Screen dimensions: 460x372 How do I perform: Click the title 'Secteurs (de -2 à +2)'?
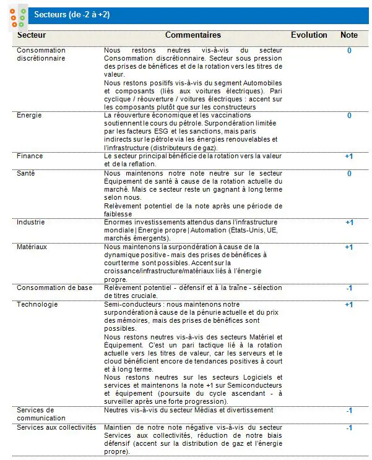(x=72, y=14)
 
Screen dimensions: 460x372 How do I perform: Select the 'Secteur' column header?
(x=31, y=35)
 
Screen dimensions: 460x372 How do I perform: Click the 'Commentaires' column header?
(x=193, y=35)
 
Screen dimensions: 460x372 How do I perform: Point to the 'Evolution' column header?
(x=309, y=35)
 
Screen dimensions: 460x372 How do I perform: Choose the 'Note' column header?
(x=349, y=35)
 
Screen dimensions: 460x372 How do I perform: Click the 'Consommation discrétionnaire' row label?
(x=41, y=54)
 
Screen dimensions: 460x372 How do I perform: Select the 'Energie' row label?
(x=29, y=116)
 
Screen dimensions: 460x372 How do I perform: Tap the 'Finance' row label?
(x=30, y=156)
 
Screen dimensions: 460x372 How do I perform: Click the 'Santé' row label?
(x=26, y=173)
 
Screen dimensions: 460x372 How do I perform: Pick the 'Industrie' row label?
(x=31, y=222)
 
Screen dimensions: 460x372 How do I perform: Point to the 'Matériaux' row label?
(x=33, y=247)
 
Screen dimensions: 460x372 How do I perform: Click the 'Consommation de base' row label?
(x=54, y=287)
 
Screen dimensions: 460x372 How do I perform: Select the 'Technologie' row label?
(x=37, y=304)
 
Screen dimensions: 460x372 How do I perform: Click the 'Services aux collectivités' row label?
(x=56, y=427)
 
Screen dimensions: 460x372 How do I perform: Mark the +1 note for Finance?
(x=349, y=157)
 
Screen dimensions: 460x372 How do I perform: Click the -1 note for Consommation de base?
(x=349, y=288)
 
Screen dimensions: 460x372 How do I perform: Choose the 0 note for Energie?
(x=349, y=116)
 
